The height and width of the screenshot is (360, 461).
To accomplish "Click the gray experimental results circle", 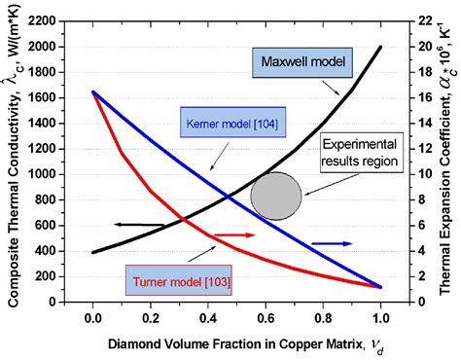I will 276,195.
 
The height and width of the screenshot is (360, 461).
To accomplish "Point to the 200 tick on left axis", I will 51,276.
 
